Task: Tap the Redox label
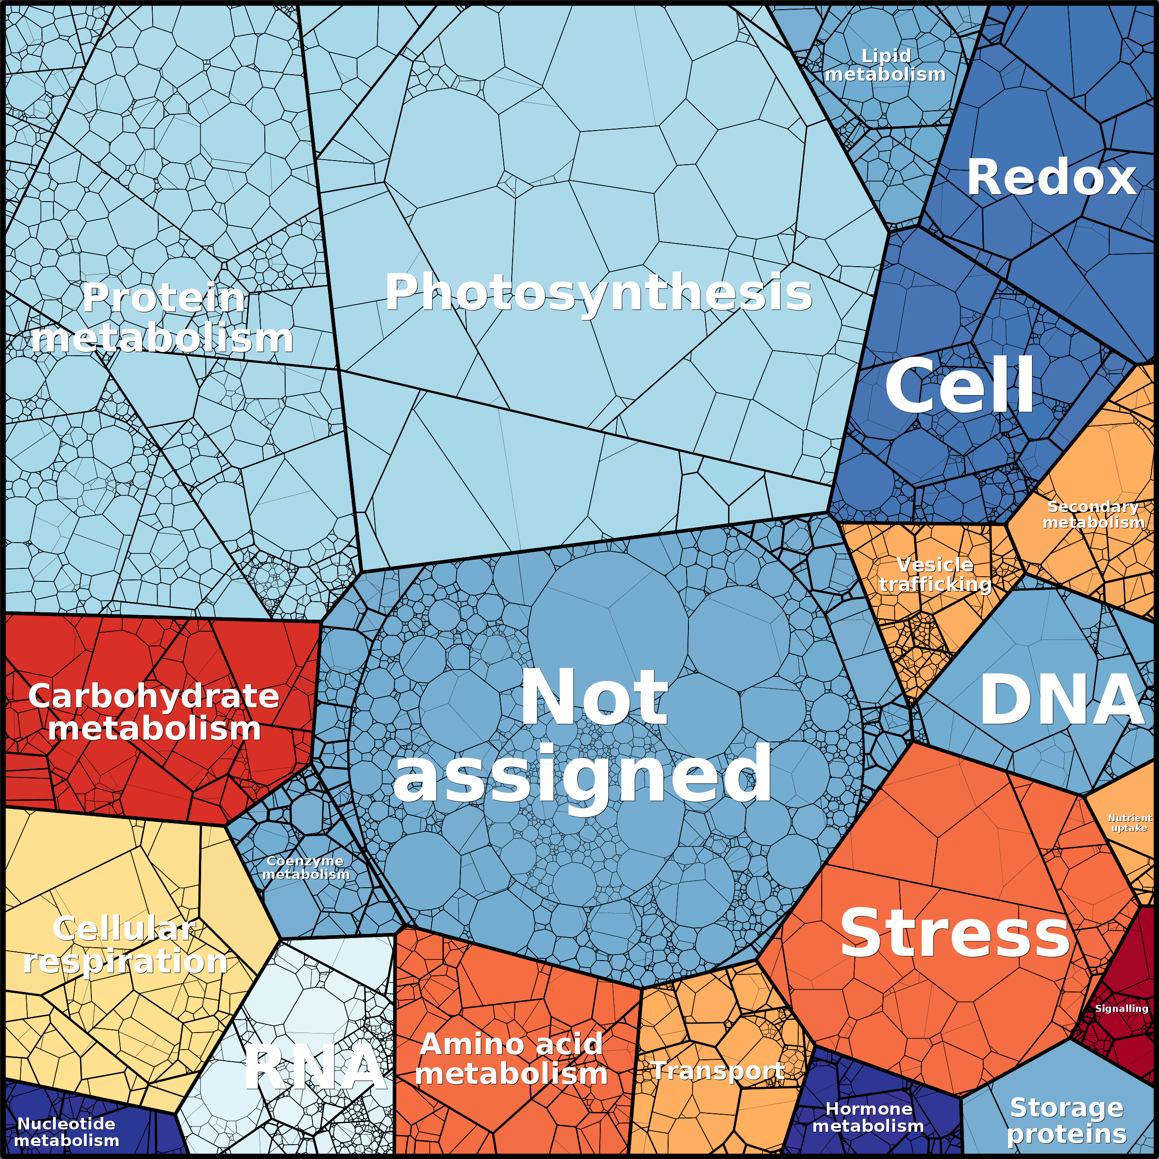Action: pos(1051,178)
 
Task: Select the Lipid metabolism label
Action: pos(885,66)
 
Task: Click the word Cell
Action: pos(960,385)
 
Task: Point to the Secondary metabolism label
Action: pos(1093,515)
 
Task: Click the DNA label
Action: pos(1062,699)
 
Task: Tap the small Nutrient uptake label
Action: pos(1129,823)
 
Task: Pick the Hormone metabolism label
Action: pos(868,1117)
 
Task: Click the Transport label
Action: pos(717,1071)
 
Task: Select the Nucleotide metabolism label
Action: pos(66,1132)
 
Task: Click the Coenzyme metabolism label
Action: pos(305,867)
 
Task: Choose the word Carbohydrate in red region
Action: pos(154,697)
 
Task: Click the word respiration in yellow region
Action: pos(125,962)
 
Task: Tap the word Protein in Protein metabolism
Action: pos(163,298)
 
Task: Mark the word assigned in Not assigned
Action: pos(582,774)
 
